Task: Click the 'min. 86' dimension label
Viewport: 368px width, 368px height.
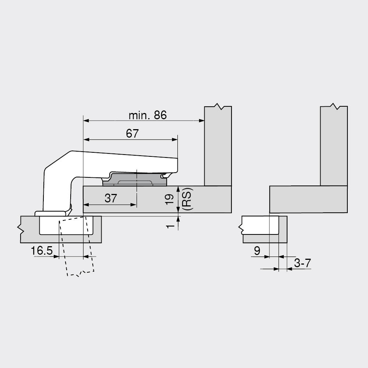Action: [148, 115]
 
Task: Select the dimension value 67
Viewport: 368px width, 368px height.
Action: [132, 134]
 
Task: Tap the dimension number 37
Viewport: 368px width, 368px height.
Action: [111, 198]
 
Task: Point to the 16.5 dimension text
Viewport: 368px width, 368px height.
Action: [42, 250]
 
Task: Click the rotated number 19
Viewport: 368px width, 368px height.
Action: [169, 199]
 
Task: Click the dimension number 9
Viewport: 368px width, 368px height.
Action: [257, 251]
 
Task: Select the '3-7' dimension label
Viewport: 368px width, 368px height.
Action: [302, 263]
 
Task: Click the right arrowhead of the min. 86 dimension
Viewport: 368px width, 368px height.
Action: [202, 121]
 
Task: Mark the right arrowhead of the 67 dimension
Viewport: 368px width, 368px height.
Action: [175, 139]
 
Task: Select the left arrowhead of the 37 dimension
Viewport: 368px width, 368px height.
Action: [86, 205]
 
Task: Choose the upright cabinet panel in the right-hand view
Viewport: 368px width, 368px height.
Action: [334, 146]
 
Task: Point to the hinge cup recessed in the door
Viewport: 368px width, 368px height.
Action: [66, 225]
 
